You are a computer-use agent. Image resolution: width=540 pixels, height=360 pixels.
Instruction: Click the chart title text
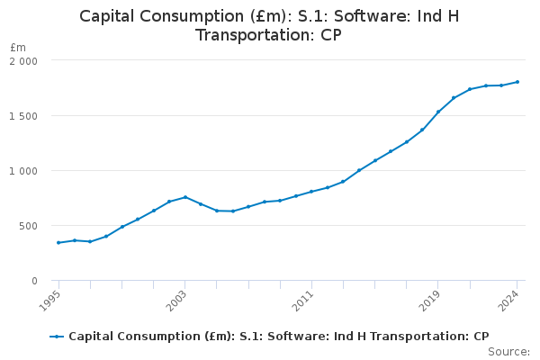coord(269,25)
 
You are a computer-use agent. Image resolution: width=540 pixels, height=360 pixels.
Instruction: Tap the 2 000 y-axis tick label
coord(23,60)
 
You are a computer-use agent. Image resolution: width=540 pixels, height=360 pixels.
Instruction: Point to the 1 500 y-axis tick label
coord(23,115)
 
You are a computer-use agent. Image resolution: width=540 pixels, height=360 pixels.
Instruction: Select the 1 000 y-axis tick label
coord(23,170)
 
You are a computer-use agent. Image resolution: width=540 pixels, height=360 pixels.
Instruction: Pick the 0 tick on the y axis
coord(33,281)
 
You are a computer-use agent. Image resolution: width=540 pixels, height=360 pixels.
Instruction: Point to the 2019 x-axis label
coord(434,300)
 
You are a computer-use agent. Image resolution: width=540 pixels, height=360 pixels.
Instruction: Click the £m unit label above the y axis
coord(18,47)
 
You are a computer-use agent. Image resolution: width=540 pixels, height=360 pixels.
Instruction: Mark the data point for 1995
coord(58,242)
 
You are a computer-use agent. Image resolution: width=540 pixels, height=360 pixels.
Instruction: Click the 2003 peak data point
coord(184,197)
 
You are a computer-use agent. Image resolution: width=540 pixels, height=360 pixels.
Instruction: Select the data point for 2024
coord(517,82)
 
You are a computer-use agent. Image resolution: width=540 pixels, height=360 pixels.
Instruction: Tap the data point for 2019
coord(438,112)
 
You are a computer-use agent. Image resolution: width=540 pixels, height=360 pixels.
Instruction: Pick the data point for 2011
coord(311,192)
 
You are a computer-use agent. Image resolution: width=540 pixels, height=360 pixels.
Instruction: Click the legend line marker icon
coord(57,337)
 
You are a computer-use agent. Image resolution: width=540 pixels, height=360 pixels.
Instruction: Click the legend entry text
coord(278,337)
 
